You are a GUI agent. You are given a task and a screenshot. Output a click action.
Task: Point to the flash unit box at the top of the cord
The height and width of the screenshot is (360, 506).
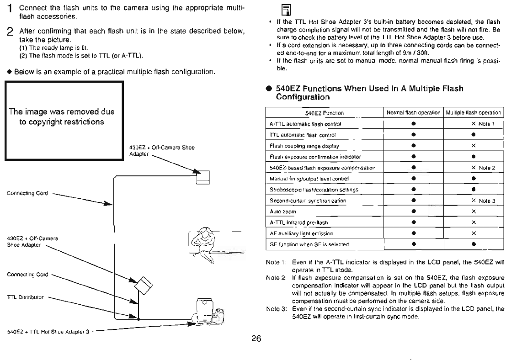[x=202, y=176]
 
